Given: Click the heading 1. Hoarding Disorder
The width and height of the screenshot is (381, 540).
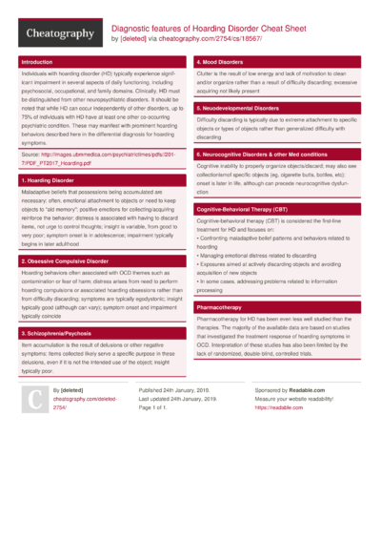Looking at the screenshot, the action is pyautogui.click(x=49, y=179).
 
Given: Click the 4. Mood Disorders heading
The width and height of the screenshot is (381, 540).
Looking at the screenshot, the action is pyautogui.click(x=223, y=61).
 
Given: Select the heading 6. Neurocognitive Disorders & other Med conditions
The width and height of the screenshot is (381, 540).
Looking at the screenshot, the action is pyautogui.click(x=274, y=154).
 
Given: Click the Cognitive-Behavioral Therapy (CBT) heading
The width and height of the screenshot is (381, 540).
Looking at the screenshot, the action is pyautogui.click(x=242, y=208).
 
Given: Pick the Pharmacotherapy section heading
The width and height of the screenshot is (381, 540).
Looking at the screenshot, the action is pyautogui.click(x=219, y=308).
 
